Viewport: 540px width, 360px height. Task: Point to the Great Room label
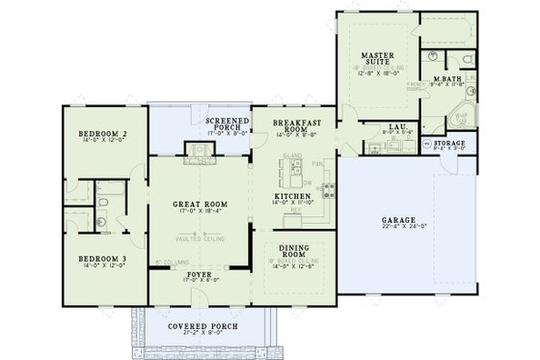[200, 205]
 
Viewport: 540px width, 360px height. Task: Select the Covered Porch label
[198, 327]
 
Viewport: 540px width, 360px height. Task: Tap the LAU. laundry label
[396, 126]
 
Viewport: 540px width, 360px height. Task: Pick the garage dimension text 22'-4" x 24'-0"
[399, 228]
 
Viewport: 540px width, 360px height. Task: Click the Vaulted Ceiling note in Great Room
[200, 236]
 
